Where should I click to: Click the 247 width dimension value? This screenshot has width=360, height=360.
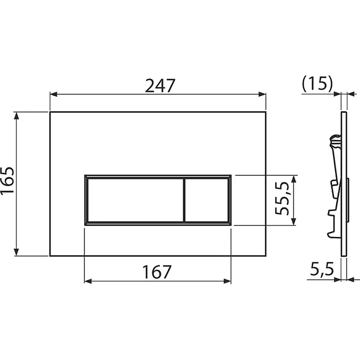tap(160, 86)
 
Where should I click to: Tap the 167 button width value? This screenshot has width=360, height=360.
tap(157, 272)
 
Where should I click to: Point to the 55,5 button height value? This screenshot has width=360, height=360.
tap(282, 199)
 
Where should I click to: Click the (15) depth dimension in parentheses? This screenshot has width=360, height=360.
tap(317, 83)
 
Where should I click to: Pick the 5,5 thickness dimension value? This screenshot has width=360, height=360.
tap(322, 269)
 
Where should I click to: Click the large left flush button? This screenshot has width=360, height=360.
tap(136, 200)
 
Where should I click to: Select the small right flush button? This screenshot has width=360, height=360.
tap(206, 200)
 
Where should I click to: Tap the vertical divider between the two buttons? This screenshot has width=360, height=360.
tap(184, 200)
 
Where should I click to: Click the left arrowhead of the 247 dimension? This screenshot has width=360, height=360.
tap(53, 94)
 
